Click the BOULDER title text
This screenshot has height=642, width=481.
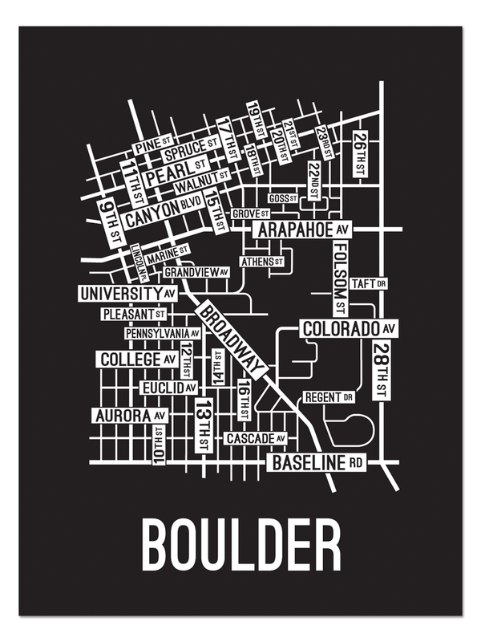click(240, 547)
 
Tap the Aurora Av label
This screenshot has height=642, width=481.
click(130, 416)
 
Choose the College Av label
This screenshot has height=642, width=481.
click(138, 360)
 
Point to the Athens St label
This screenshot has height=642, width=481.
click(262, 262)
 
